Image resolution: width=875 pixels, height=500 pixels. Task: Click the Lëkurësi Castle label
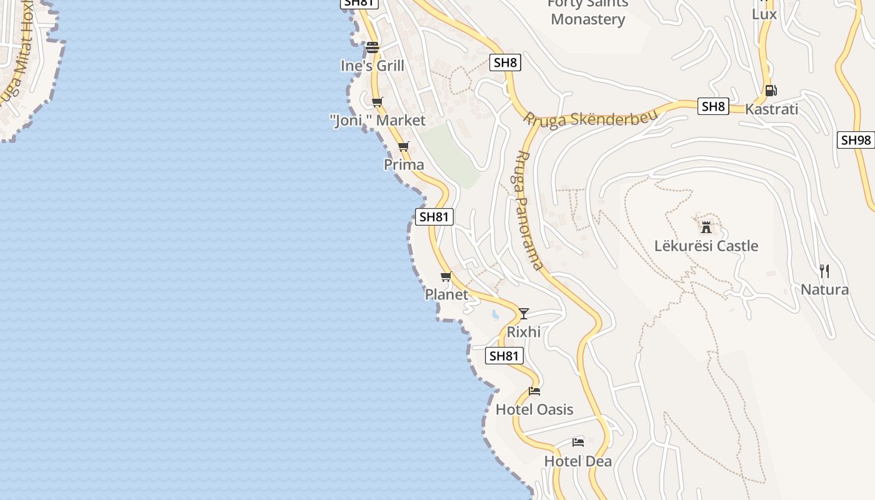click(706, 246)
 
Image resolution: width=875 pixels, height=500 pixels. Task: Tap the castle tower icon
click(706, 227)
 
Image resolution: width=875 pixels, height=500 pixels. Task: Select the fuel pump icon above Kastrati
click(771, 91)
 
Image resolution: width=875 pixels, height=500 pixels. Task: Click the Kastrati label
click(772, 109)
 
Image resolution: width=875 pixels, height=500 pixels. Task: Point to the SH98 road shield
click(856, 140)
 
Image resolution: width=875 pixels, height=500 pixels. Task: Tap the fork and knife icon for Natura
click(824, 271)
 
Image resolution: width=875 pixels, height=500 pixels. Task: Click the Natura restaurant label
click(824, 289)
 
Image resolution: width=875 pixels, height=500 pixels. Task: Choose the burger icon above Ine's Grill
click(372, 47)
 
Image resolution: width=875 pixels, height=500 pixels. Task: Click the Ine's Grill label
click(372, 66)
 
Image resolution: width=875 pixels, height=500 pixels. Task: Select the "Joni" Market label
click(377, 121)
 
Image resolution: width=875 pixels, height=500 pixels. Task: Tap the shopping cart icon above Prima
click(403, 147)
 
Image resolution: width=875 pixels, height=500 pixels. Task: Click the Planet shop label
click(446, 294)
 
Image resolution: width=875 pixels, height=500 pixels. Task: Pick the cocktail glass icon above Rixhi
click(524, 313)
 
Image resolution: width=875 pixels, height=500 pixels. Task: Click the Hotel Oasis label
click(534, 409)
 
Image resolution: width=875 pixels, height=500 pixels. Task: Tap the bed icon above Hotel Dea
click(578, 442)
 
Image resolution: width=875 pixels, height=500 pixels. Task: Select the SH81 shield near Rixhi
click(504, 356)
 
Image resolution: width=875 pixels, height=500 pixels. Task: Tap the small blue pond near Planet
click(495, 314)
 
